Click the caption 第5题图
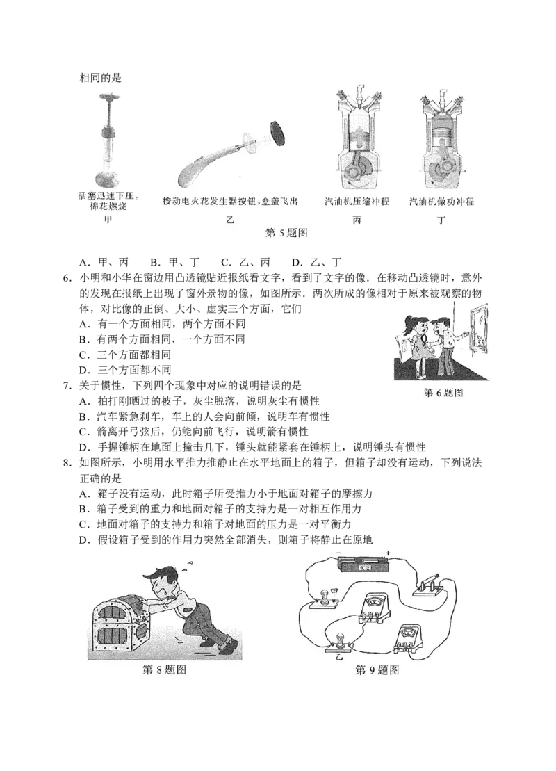tap(286, 233)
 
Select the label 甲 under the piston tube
tap(106, 220)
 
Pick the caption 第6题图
tap(443, 393)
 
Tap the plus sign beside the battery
tap(387, 553)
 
